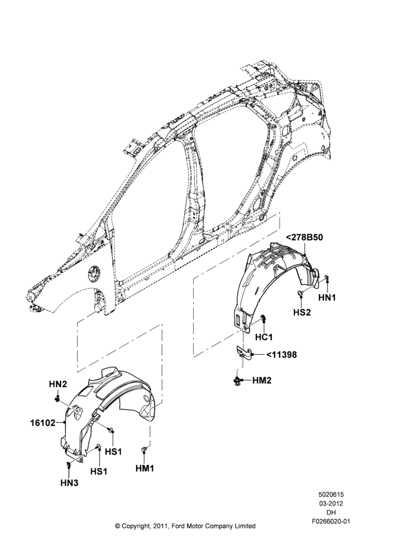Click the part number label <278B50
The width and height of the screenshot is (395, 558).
[x=305, y=237]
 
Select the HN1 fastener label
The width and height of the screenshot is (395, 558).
[x=327, y=297]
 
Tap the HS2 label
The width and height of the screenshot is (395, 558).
[x=302, y=312]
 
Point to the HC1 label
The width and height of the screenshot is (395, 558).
[x=264, y=336]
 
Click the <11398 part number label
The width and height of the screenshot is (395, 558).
[x=281, y=354]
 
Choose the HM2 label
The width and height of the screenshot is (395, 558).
[x=262, y=381]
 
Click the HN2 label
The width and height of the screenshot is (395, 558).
[x=58, y=384]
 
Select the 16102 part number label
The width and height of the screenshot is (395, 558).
[x=43, y=423]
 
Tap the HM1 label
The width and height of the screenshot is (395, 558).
[x=145, y=468]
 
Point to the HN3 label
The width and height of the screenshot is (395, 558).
[x=69, y=483]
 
